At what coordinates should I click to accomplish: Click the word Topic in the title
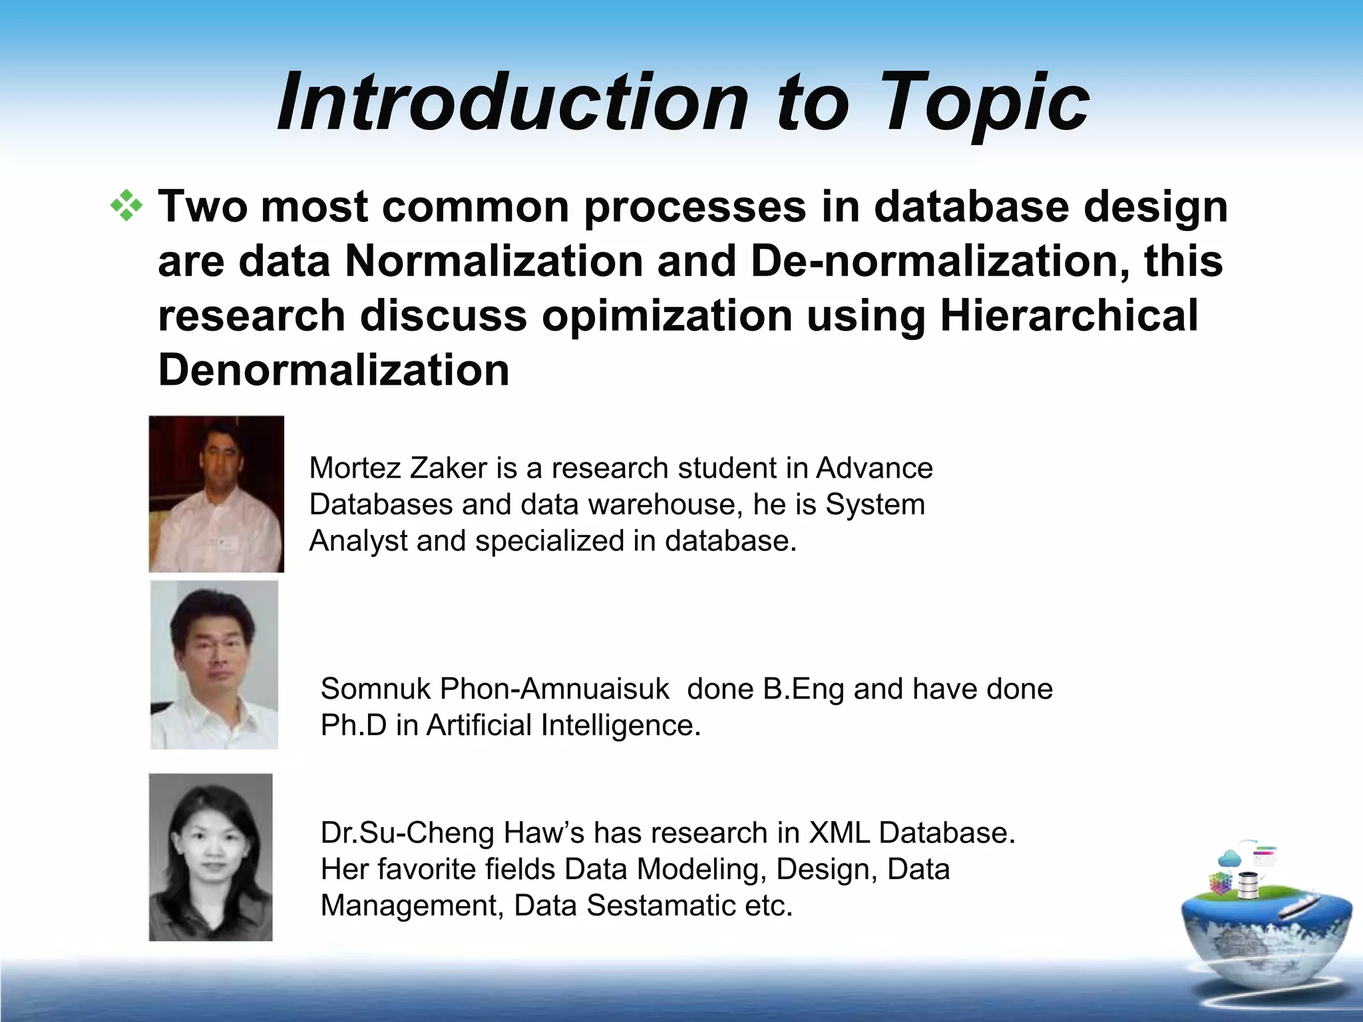tap(985, 103)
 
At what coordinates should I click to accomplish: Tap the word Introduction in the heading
tap(512, 103)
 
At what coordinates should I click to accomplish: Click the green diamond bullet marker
tap(126, 206)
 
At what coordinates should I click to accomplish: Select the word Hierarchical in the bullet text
tap(1069, 315)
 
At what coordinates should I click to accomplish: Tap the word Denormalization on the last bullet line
tap(333, 370)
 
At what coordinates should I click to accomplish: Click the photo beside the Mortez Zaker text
tap(216, 494)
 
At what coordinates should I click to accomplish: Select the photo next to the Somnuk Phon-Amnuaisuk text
tap(214, 665)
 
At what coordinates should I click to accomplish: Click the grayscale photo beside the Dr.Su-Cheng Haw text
tap(210, 857)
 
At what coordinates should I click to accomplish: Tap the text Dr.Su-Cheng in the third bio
tap(407, 833)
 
